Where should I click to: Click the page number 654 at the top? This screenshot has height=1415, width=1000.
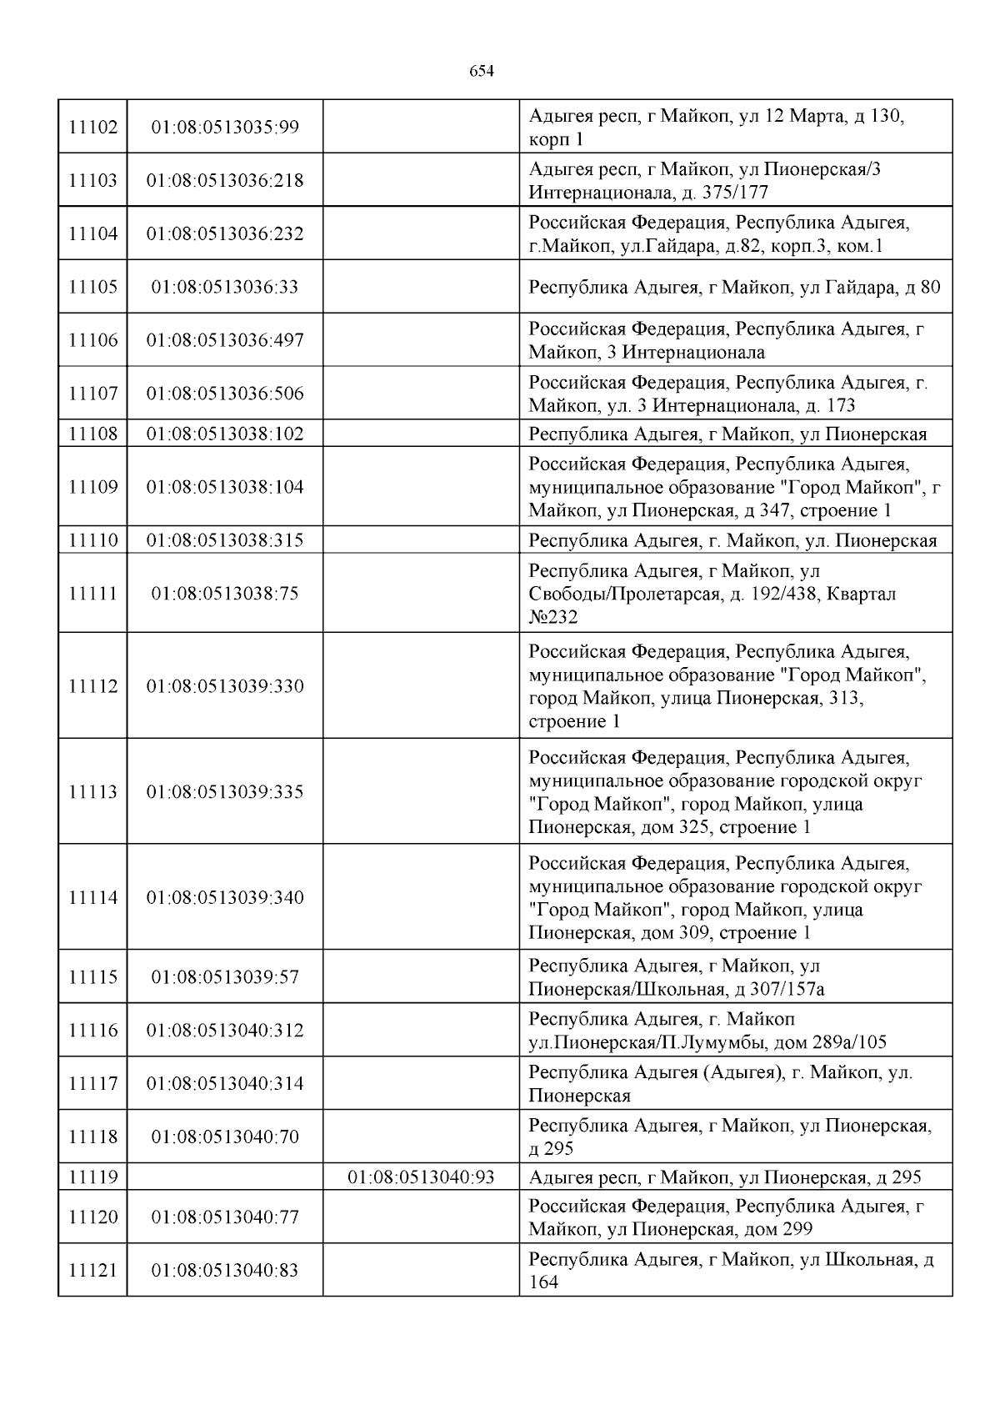(482, 72)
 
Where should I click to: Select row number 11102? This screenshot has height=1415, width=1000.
(92, 128)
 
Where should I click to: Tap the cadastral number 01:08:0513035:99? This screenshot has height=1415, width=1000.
(225, 128)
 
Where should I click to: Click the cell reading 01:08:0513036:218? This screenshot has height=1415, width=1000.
(225, 180)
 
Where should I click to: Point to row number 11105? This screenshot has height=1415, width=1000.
(92, 287)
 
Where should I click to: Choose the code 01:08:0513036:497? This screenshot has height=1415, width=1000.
(225, 340)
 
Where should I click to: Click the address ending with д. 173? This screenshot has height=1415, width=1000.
(727, 394)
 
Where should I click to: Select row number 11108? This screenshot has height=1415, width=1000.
(92, 434)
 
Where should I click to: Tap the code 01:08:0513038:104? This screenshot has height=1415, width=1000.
(225, 487)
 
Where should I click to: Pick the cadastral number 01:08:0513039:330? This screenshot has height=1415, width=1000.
(225, 686)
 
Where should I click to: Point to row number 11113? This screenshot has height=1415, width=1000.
(92, 792)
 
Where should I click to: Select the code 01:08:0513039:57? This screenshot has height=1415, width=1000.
(225, 977)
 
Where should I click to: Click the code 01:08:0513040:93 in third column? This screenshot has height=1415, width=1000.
(421, 1177)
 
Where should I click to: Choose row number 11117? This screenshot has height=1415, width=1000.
(92, 1084)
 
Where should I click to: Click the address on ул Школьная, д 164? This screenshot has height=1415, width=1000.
(731, 1271)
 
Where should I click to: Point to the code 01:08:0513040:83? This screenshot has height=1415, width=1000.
(225, 1271)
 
